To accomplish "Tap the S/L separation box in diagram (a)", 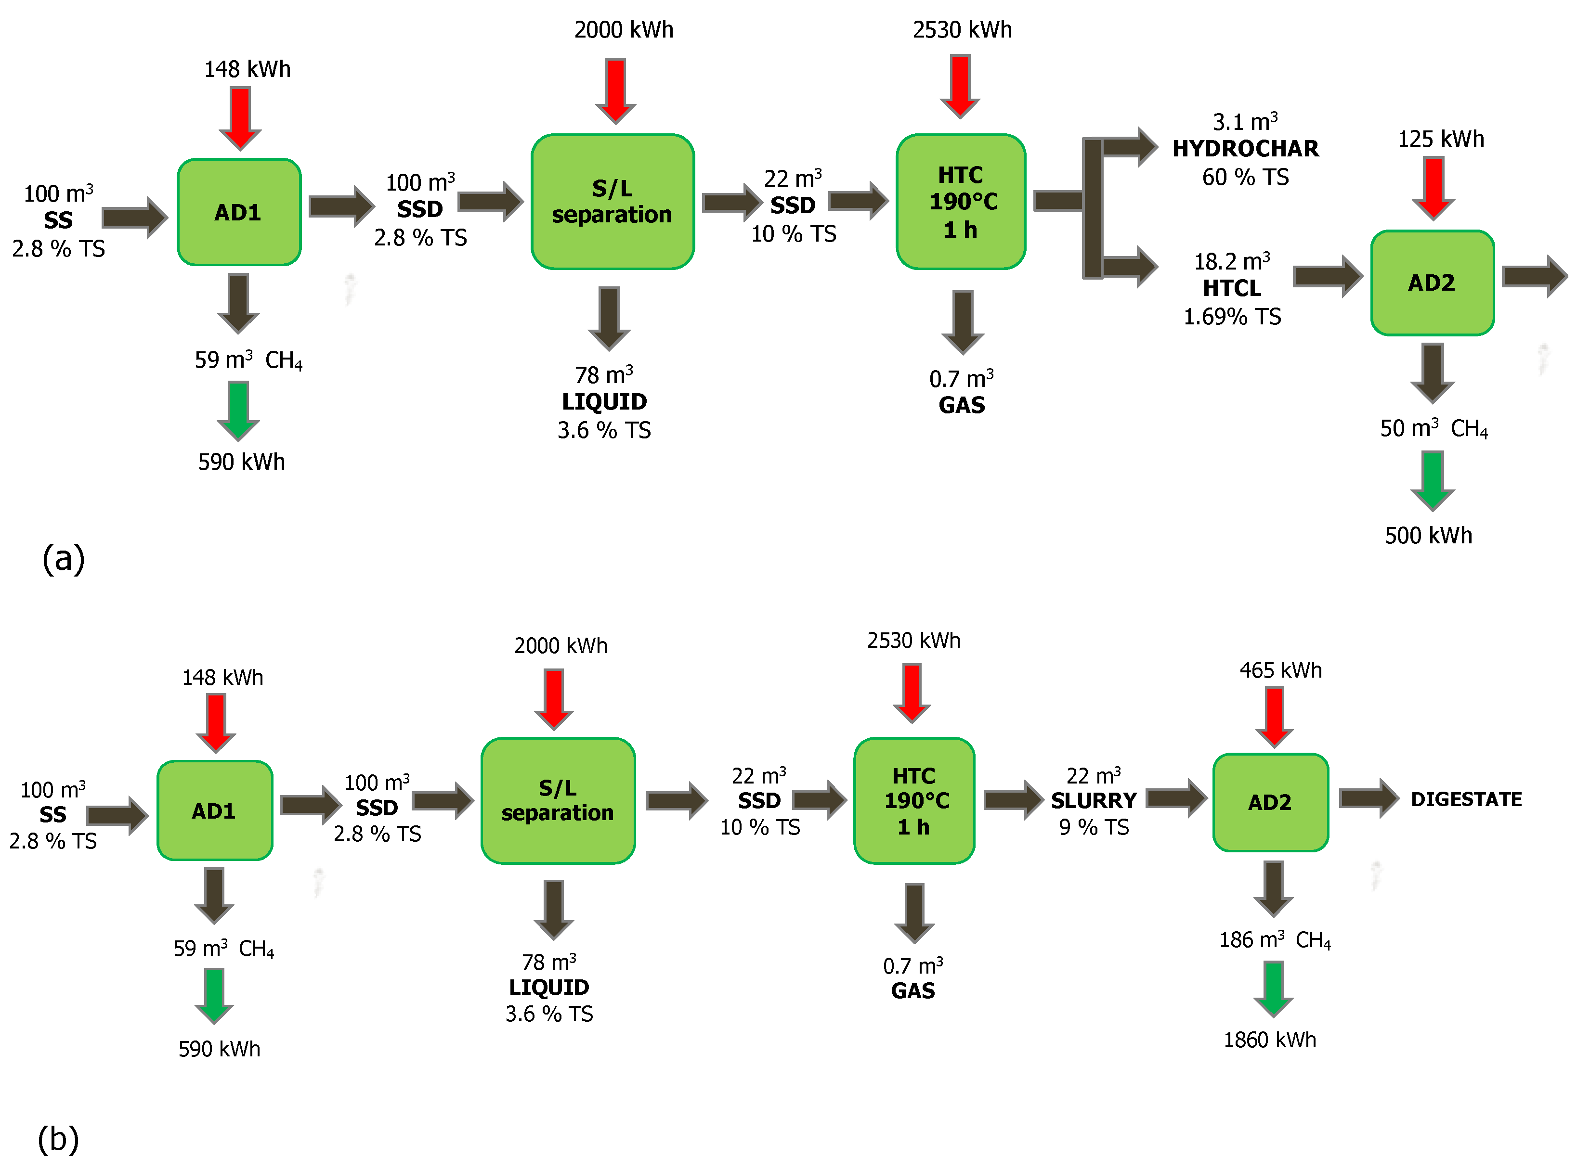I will pyautogui.click(x=612, y=202).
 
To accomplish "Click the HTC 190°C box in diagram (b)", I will pyautogui.click(x=914, y=800).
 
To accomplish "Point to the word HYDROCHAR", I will pyautogui.click(x=1245, y=149).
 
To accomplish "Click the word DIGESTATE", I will pyautogui.click(x=1466, y=799).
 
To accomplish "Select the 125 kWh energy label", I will pyautogui.click(x=1440, y=139).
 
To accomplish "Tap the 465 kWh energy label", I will pyautogui.click(x=1280, y=670).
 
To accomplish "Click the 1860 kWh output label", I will pyautogui.click(x=1270, y=1040).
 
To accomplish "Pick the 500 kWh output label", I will pyautogui.click(x=1428, y=535).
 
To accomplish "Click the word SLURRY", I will pyautogui.click(x=1094, y=800).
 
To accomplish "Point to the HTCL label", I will pyautogui.click(x=1232, y=288).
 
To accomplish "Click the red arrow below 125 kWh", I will pyautogui.click(x=1434, y=188).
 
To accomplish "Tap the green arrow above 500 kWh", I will pyautogui.click(x=1432, y=480).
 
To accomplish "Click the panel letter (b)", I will pyautogui.click(x=58, y=1139).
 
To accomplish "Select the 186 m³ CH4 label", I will pyautogui.click(x=1274, y=940).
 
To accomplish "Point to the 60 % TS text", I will pyautogui.click(x=1245, y=177).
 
